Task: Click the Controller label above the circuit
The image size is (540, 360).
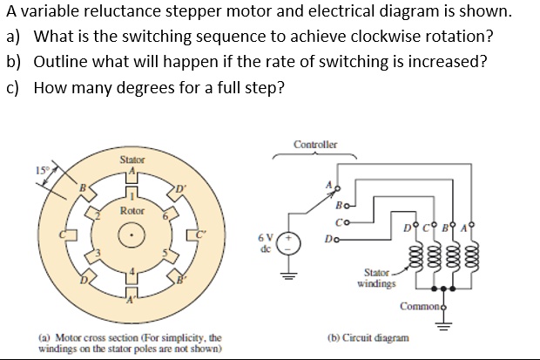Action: click(315, 145)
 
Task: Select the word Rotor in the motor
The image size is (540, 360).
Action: click(132, 210)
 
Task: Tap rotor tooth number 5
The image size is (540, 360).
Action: click(165, 255)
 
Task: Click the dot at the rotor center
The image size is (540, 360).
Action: click(132, 235)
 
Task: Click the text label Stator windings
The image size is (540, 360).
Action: click(376, 278)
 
